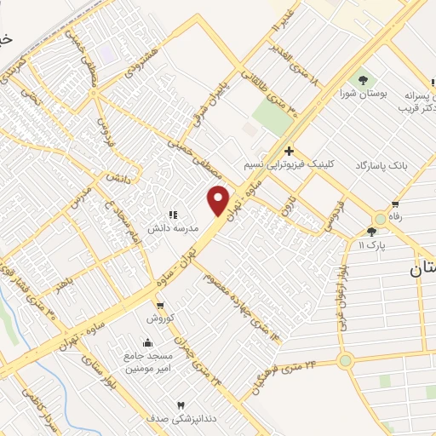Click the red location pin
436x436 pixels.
(219, 200)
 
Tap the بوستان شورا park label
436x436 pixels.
(364, 94)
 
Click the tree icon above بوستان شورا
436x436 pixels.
(364, 80)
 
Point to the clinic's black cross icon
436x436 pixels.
(289, 151)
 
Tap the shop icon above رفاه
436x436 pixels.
(395, 204)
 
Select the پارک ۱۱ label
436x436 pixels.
(372, 244)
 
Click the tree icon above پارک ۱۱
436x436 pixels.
(370, 231)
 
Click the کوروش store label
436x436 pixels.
(159, 318)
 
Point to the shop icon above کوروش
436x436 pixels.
(159, 304)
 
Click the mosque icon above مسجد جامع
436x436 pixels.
(149, 342)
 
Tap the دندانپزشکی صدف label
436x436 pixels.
(180, 419)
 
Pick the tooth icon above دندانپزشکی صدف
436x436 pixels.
(180, 405)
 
